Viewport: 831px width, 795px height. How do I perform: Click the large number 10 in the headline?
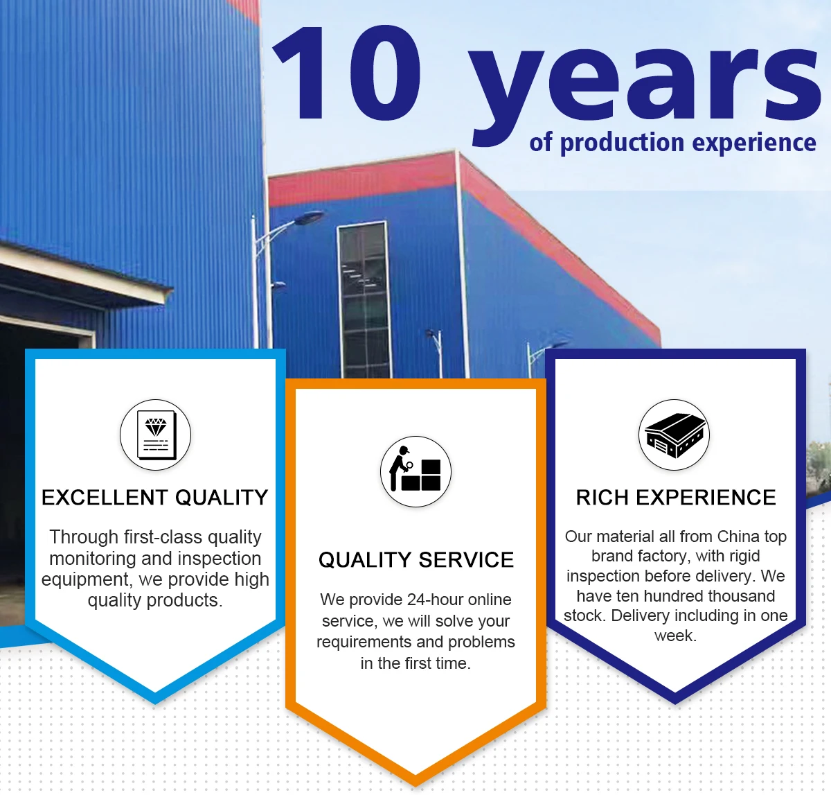click(347, 73)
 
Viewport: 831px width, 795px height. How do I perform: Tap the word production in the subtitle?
click(622, 143)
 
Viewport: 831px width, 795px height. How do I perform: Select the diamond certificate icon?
click(155, 435)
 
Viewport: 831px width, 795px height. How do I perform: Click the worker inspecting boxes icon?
click(415, 471)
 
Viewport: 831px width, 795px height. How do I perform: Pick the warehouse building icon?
click(674, 435)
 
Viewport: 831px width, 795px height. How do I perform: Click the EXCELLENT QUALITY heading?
click(155, 498)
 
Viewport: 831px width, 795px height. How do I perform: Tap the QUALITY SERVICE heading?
click(416, 560)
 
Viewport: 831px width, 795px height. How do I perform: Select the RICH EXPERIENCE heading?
click(676, 498)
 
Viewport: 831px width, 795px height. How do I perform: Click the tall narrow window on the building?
click(364, 299)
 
